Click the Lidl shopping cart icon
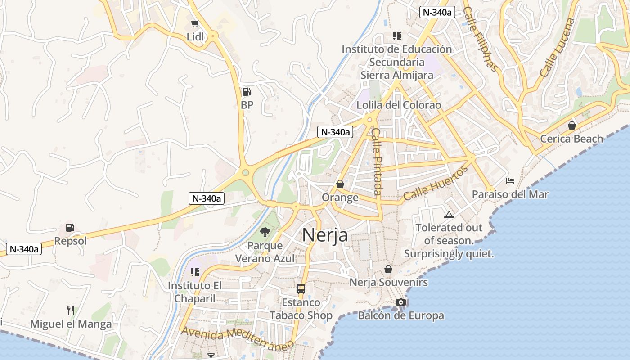[x=195, y=24]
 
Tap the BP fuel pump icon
[x=247, y=92]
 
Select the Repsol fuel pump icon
[x=70, y=228]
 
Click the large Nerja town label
[x=325, y=235]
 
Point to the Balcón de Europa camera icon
[x=400, y=302]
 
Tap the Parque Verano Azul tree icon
[x=265, y=232]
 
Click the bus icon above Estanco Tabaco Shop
[x=301, y=289]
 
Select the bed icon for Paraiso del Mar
[x=510, y=181]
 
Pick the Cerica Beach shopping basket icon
[x=571, y=126]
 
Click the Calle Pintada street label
[x=377, y=162]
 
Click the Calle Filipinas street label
[x=481, y=39]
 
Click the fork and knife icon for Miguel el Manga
[x=71, y=310]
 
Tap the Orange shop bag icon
[x=340, y=184]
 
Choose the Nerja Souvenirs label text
[x=389, y=283]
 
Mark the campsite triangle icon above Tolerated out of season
[x=449, y=215]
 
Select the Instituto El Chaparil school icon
[x=195, y=272]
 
